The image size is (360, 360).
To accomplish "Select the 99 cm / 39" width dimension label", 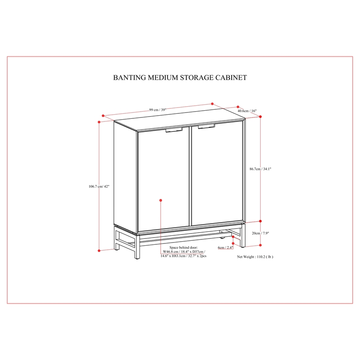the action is click(157, 110).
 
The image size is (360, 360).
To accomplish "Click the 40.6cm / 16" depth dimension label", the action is click(247, 111).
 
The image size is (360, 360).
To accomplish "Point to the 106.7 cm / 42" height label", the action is click(99, 186).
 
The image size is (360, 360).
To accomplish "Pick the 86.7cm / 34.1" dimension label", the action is click(261, 169).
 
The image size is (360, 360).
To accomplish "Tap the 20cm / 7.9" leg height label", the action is click(261, 233).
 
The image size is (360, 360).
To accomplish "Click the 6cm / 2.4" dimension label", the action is click(225, 247).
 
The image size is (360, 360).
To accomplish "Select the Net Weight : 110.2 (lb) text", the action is click(255, 257).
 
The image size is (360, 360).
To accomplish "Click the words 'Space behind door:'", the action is click(184, 247).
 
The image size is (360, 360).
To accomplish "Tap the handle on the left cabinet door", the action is click(174, 130).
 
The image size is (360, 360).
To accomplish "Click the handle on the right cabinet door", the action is click(207, 126).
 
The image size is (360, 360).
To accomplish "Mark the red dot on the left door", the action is click(161, 200).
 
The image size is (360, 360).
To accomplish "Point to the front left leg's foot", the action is click(137, 256).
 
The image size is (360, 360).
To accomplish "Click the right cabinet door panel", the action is click(217, 174).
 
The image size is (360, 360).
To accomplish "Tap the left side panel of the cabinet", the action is click(126, 176).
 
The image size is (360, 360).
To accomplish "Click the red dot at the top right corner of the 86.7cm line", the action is click(261, 117).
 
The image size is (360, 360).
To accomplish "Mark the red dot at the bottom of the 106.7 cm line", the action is click(99, 251).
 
